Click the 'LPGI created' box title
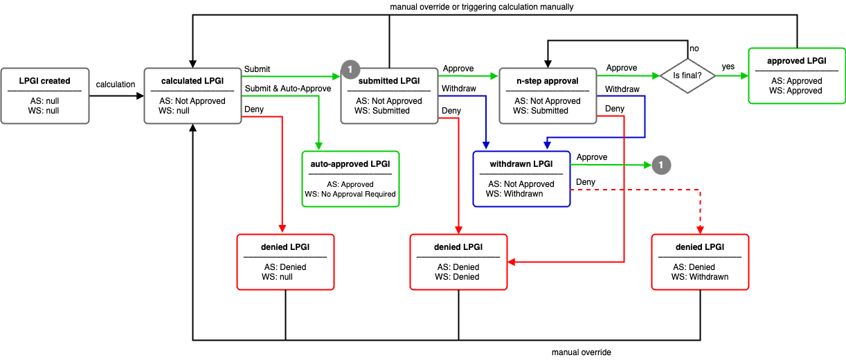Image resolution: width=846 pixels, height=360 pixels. click(x=45, y=81)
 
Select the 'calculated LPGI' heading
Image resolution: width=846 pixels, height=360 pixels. click(x=192, y=81)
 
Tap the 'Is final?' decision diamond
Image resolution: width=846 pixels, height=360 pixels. click(x=687, y=76)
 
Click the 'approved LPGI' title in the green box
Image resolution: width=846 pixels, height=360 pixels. click(x=797, y=61)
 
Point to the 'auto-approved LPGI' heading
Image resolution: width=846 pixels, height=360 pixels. click(x=350, y=164)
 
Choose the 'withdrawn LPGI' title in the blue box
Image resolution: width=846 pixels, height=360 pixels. click(x=521, y=164)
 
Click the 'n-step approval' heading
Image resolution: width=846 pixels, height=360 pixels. click(x=547, y=81)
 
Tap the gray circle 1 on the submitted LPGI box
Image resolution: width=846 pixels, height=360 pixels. click(x=350, y=69)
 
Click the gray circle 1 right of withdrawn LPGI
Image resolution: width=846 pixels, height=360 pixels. click(x=661, y=165)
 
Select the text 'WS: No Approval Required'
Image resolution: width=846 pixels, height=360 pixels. click(x=350, y=195)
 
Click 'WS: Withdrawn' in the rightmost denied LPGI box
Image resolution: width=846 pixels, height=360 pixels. click(x=700, y=277)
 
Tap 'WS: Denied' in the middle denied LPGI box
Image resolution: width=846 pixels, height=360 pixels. click(x=457, y=277)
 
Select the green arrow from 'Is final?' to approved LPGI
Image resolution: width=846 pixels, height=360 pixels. click(x=730, y=76)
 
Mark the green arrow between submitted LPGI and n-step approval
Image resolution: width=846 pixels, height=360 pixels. click(x=468, y=75)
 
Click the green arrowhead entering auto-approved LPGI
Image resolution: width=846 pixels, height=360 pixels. click(x=318, y=147)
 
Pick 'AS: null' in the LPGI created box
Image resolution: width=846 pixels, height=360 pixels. click(x=45, y=101)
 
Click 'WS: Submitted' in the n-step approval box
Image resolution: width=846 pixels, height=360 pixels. click(x=540, y=111)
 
